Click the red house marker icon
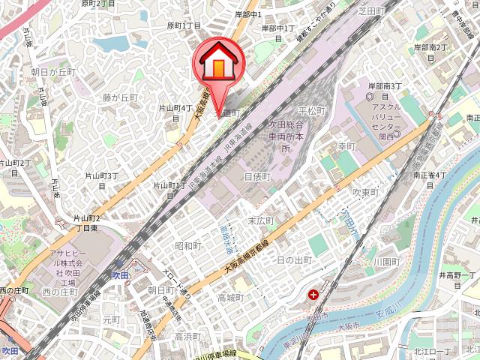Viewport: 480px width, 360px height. pyautogui.click(x=217, y=64)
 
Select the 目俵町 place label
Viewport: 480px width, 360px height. pyautogui.click(x=256, y=176)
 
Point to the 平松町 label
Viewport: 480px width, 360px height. pyautogui.click(x=311, y=111)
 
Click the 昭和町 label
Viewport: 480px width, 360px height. pyautogui.click(x=188, y=246)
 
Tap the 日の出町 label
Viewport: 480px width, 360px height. pyautogui.click(x=294, y=260)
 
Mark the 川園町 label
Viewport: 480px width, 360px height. pyautogui.click(x=385, y=262)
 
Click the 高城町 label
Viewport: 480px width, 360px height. pyautogui.click(x=230, y=298)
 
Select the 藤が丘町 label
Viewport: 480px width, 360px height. pyautogui.click(x=121, y=97)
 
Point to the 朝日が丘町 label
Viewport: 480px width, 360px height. pyautogui.click(x=54, y=72)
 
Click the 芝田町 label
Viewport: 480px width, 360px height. pyautogui.click(x=370, y=11)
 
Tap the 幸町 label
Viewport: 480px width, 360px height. pyautogui.click(x=346, y=146)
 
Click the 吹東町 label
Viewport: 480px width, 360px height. pyautogui.click(x=368, y=192)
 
